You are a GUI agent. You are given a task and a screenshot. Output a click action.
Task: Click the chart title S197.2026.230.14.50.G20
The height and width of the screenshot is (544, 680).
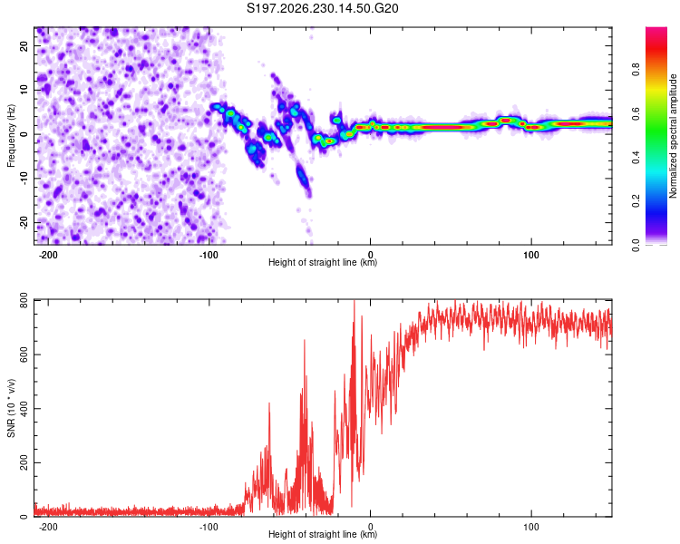coord(322,8)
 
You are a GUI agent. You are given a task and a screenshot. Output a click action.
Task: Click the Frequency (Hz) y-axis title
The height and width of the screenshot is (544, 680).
coord(11,136)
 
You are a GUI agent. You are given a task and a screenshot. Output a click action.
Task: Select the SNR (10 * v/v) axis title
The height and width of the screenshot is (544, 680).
coord(11,408)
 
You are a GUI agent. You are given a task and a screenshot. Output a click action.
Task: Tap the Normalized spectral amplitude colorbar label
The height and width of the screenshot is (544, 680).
coord(673,136)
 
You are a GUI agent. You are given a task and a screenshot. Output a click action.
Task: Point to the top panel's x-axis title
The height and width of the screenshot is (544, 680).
coord(323,262)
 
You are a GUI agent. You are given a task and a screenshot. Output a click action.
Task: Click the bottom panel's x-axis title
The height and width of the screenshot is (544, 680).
coord(323,534)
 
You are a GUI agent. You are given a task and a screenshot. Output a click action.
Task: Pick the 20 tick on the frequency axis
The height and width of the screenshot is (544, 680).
coord(24,45)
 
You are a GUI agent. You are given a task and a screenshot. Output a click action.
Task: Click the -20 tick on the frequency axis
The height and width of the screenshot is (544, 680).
coord(24,223)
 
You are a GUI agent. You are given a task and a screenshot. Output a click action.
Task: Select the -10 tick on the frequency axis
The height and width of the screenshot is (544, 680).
coord(24,179)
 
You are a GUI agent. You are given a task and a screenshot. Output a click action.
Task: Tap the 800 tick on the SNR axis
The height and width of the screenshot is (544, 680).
coord(24,301)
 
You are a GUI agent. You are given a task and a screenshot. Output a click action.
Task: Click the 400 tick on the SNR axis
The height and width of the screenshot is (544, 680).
coord(24,409)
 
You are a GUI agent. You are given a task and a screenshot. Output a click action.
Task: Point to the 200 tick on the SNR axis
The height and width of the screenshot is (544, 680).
coord(24,463)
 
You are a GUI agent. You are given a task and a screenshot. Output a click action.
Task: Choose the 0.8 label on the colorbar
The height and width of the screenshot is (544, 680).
coord(636,69)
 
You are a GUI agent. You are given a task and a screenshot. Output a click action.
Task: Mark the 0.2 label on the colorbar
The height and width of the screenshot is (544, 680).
coord(636,201)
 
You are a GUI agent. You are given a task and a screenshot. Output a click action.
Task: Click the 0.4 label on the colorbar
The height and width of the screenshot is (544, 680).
coord(636,157)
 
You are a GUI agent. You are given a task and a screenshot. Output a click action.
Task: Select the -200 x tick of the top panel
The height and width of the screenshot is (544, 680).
coord(48,255)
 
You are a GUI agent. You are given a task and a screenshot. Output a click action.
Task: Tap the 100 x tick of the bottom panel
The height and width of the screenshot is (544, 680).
coord(530,527)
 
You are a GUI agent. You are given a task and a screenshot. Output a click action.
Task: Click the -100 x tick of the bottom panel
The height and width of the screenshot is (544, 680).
coord(209,527)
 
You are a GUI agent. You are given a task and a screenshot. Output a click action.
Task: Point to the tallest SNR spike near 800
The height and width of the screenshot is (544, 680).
coord(355,301)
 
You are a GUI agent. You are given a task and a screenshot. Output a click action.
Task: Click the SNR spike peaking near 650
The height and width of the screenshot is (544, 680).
coord(305,341)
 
